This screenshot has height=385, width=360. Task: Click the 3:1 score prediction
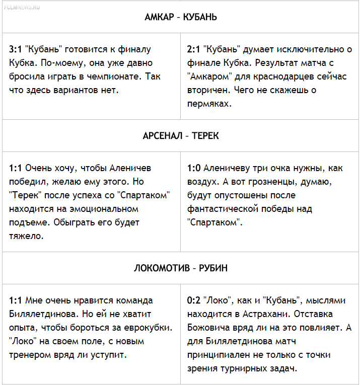[x=15, y=50]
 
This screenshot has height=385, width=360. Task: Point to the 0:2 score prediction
[x=193, y=300]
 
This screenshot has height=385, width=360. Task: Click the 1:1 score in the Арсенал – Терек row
[x=15, y=168]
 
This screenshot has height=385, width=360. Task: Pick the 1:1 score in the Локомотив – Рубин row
[x=15, y=300]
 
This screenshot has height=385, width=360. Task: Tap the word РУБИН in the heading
[x=214, y=268]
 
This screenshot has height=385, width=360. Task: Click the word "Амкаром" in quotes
[x=209, y=77]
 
